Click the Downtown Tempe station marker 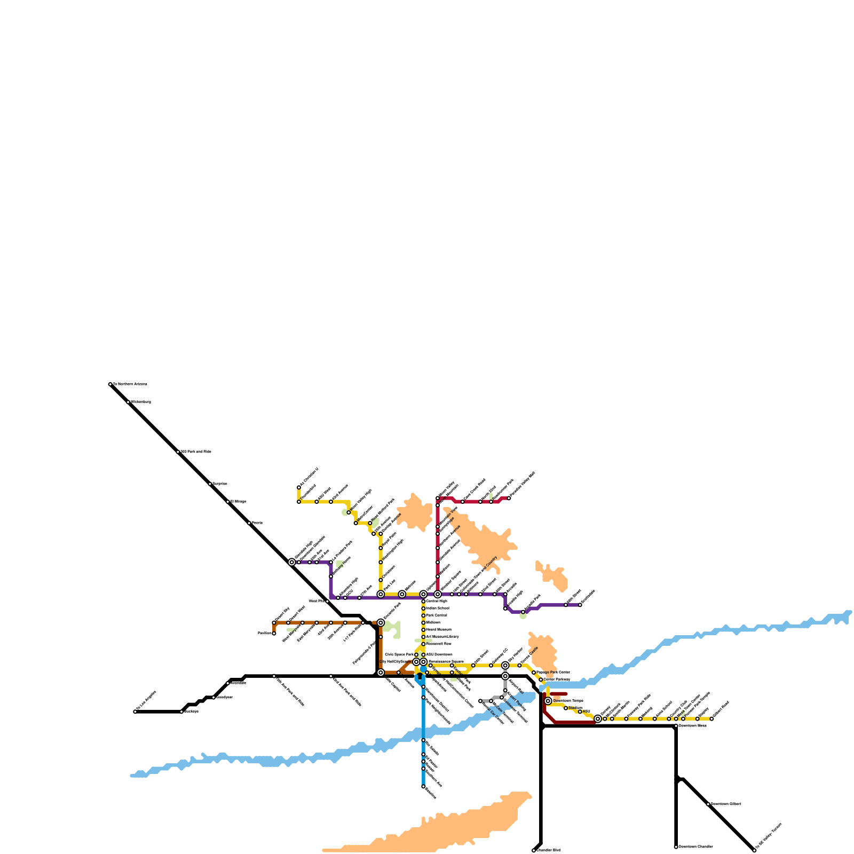(548, 701)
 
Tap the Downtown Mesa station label (692, 725)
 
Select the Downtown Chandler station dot (676, 847)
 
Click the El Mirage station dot (228, 502)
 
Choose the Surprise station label (220, 484)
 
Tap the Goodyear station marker (213, 697)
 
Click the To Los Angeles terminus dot (135, 711)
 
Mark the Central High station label (437, 601)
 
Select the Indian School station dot (423, 608)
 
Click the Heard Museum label (438, 630)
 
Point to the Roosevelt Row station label (438, 644)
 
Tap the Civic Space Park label (399, 654)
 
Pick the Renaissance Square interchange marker (423, 662)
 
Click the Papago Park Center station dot (534, 673)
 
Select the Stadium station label (575, 708)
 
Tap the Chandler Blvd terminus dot (534, 850)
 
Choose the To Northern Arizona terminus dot (110, 384)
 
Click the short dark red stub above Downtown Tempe (558, 694)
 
